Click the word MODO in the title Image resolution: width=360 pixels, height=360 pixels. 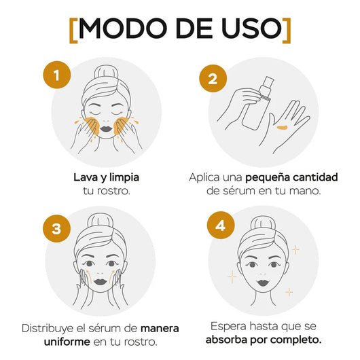click(122, 29)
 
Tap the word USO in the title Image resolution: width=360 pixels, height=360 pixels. click(251, 29)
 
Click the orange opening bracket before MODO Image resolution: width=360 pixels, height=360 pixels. click(73, 31)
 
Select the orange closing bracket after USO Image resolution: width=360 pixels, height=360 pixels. click(287, 31)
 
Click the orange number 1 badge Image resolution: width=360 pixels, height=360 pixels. click(57, 75)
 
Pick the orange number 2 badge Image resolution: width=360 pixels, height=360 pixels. click(213, 79)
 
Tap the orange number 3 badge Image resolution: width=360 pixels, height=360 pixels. click(56, 228)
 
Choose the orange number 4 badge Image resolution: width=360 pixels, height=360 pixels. click(221, 226)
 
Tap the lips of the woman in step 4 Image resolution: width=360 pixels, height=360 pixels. click(263, 282)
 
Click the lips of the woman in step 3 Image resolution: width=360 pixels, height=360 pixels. click(100, 281)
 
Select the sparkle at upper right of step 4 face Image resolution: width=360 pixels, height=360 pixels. click(295, 249)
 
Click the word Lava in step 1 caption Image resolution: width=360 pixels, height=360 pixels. click(84, 177)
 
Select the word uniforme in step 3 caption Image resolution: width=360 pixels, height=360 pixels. click(67, 342)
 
